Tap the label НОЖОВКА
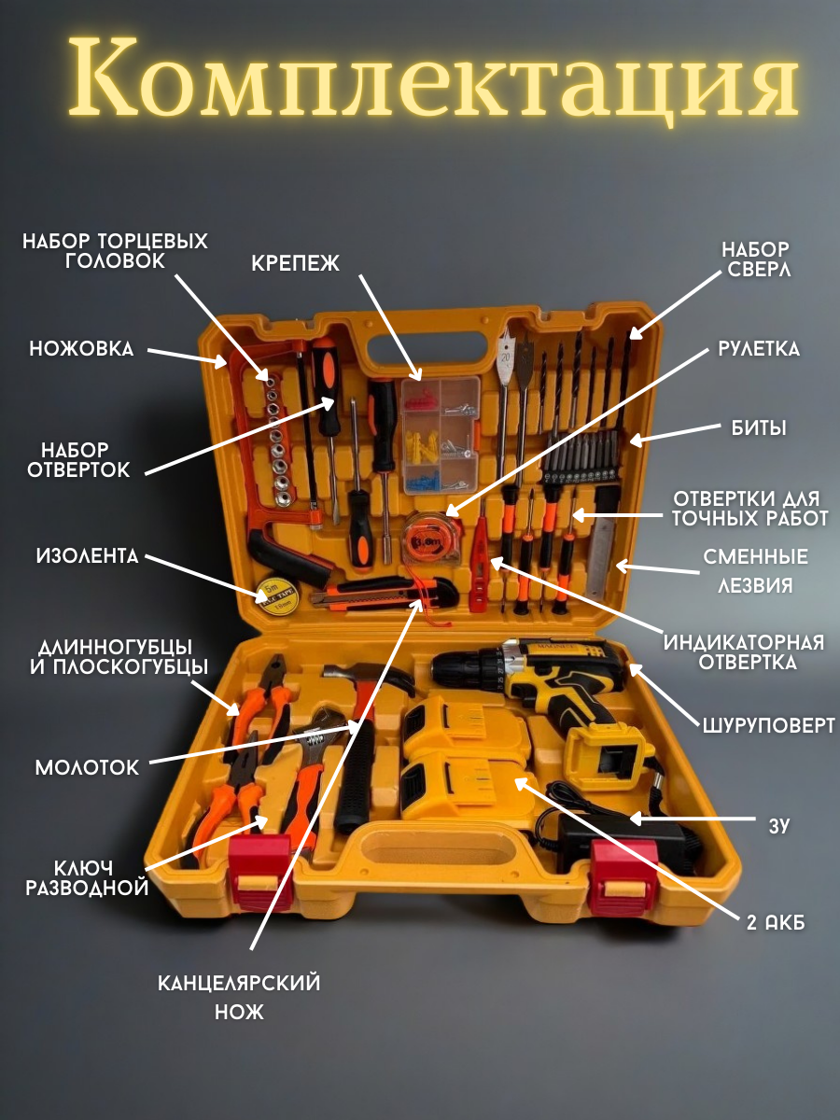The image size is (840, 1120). point(81,349)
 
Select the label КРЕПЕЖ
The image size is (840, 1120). point(295,264)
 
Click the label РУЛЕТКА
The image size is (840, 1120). point(758,349)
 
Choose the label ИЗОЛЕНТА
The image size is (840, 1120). point(87,557)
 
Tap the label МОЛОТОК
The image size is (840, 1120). point(87,767)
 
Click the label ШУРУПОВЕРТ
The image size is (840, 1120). point(767,725)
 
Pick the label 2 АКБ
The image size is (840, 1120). point(775,922)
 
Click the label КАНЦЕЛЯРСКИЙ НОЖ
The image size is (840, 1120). point(239,996)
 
